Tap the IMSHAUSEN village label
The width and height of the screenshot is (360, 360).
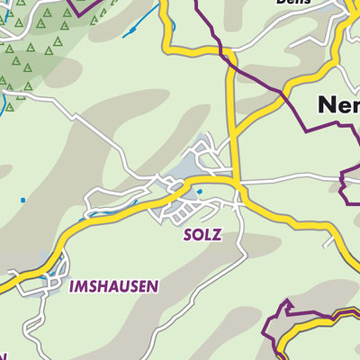click(113, 286)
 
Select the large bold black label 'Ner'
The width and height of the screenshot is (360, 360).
click(338, 106)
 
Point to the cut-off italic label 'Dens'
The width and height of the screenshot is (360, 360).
click(289, 3)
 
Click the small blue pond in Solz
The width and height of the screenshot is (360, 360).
click(199, 191)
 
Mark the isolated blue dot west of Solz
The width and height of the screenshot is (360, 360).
click(23, 199)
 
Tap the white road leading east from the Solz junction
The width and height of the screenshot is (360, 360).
click(297, 182)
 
